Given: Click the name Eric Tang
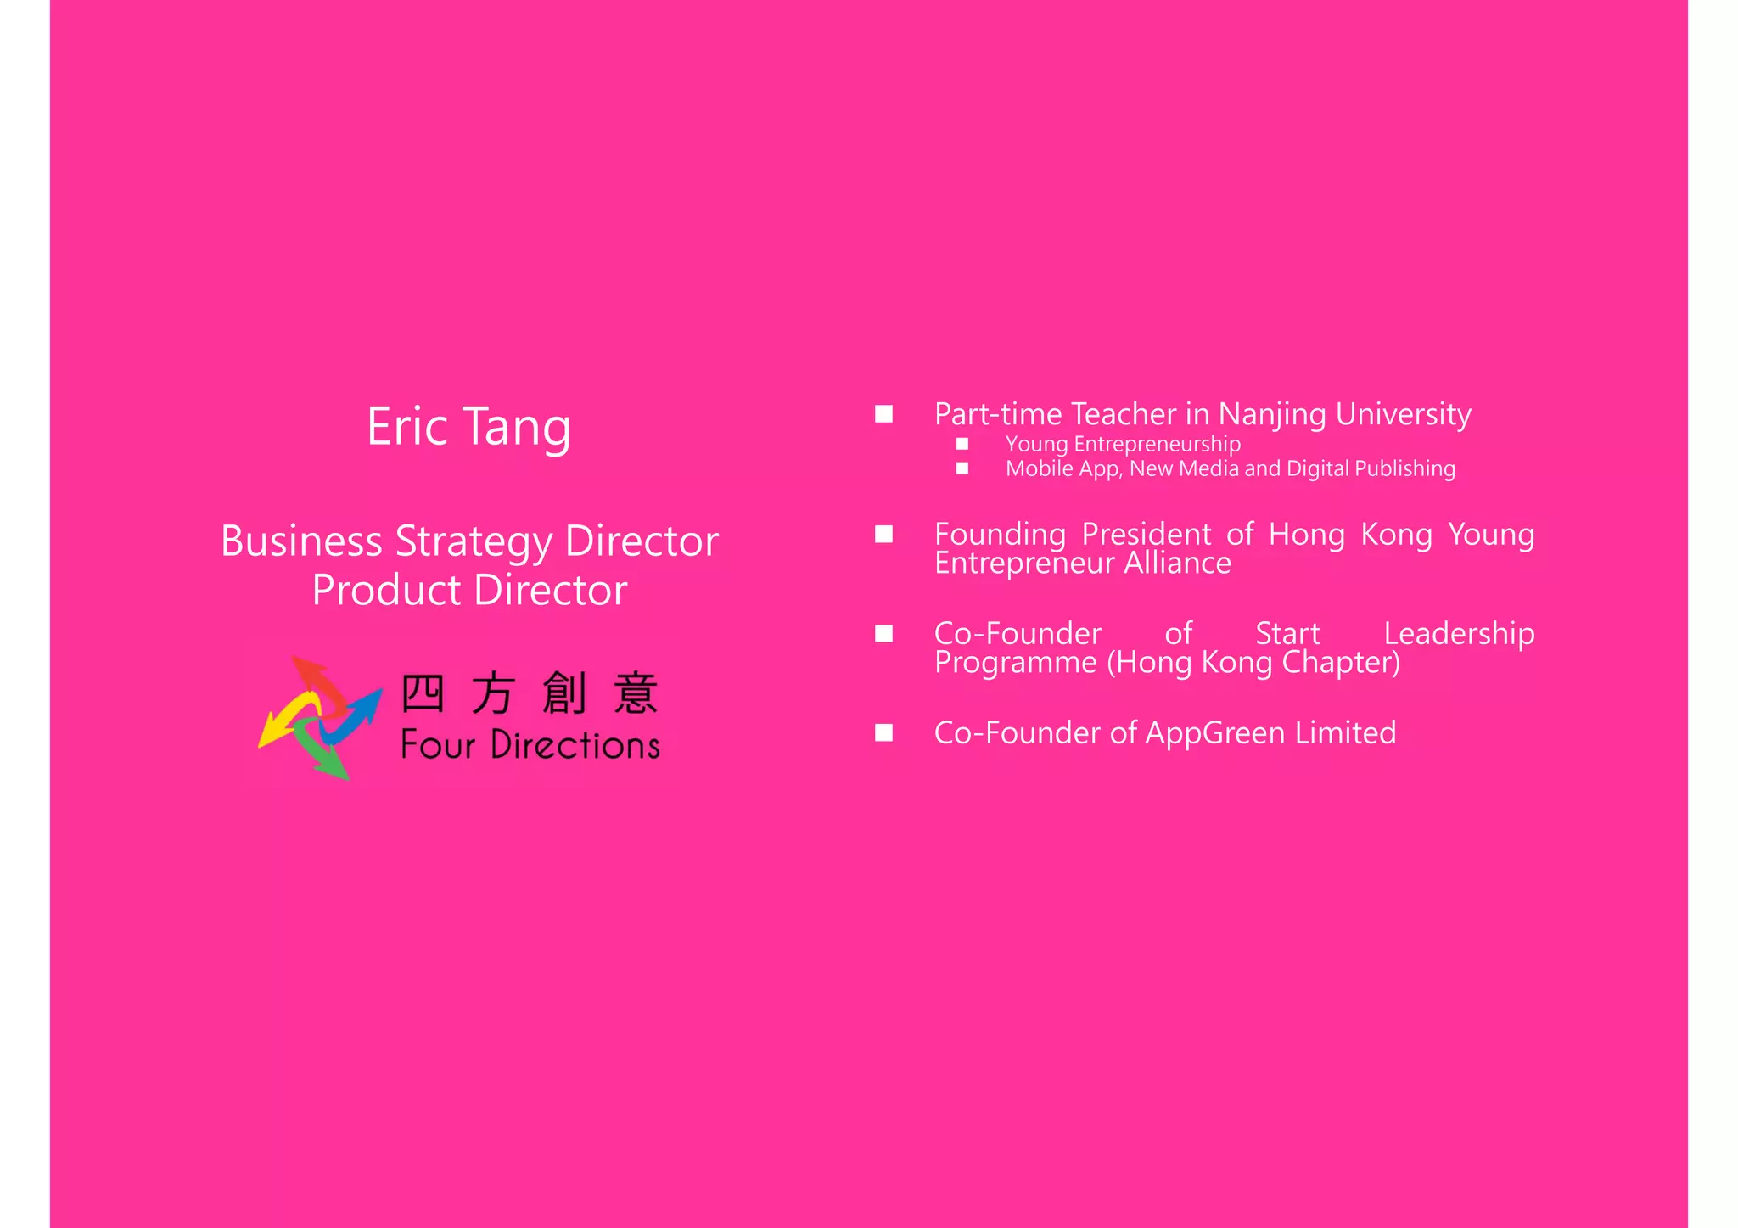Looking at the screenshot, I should [x=468, y=427].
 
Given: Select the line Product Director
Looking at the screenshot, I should [x=469, y=591].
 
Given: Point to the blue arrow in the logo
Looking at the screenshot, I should [x=352, y=716].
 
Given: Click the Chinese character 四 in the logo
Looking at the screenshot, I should [x=422, y=693].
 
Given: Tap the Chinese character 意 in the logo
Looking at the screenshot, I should [x=636, y=693].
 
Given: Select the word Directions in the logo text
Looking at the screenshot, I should [x=575, y=746].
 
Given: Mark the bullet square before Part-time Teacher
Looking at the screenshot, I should [x=884, y=414].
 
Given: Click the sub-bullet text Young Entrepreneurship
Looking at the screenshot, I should [x=1122, y=444].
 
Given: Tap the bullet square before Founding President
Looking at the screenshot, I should [x=884, y=534].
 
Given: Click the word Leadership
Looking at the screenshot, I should [x=1459, y=634].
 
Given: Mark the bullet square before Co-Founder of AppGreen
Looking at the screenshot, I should [x=884, y=732].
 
